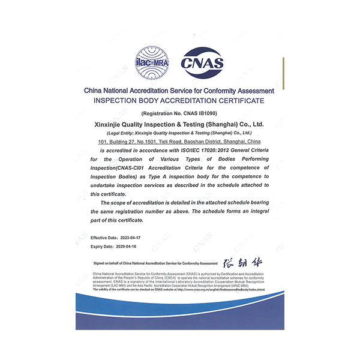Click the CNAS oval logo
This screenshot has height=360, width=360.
pyautogui.click(x=203, y=62)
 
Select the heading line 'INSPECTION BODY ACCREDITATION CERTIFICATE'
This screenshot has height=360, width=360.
pyautogui.click(x=179, y=100)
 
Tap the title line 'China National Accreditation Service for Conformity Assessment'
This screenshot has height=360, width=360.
pyautogui.click(x=179, y=91)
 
